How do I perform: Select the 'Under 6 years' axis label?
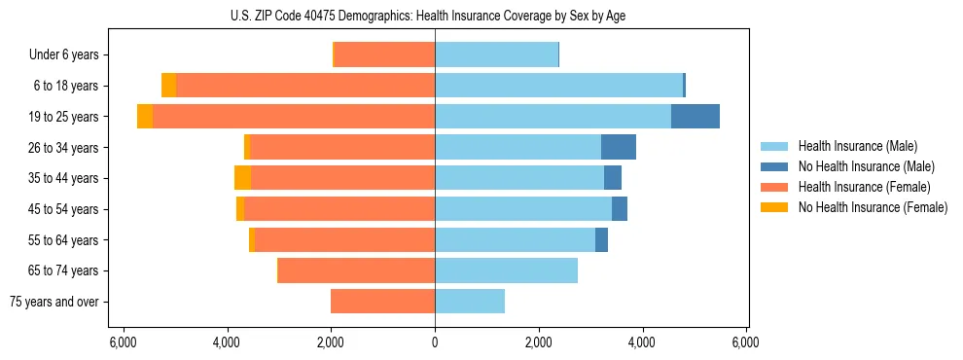64,54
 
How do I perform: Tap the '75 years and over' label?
53,302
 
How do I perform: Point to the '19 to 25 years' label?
63,117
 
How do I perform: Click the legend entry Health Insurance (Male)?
857,146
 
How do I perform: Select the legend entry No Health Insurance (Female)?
873,207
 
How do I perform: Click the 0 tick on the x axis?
435,342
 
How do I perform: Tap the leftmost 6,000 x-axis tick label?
124,342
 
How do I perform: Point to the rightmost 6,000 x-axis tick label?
746,342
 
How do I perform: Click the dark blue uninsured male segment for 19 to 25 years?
695,117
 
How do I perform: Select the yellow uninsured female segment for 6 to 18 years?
168,86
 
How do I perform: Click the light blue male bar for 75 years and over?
470,302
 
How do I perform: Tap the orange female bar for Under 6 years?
384,54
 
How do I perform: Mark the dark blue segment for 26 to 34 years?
619,147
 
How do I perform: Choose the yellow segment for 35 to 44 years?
242,178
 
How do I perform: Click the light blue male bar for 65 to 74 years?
506,270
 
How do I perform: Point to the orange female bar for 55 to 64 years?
345,239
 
